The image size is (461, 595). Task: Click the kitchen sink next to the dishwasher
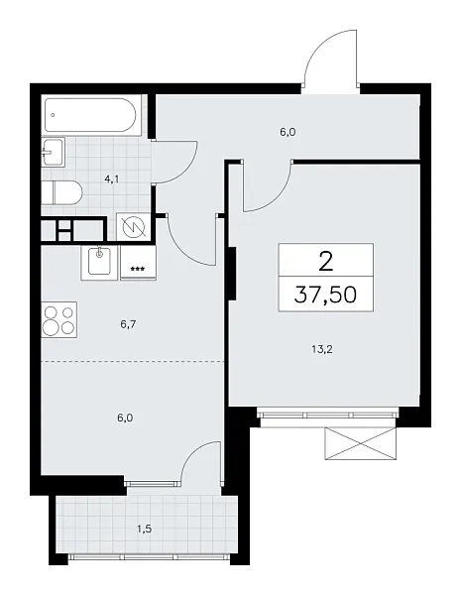(99, 261)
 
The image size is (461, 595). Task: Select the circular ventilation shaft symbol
(132, 229)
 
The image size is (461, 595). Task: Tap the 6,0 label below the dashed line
(124, 416)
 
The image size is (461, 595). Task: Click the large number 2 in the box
(326, 261)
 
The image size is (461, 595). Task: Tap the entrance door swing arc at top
(328, 59)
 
